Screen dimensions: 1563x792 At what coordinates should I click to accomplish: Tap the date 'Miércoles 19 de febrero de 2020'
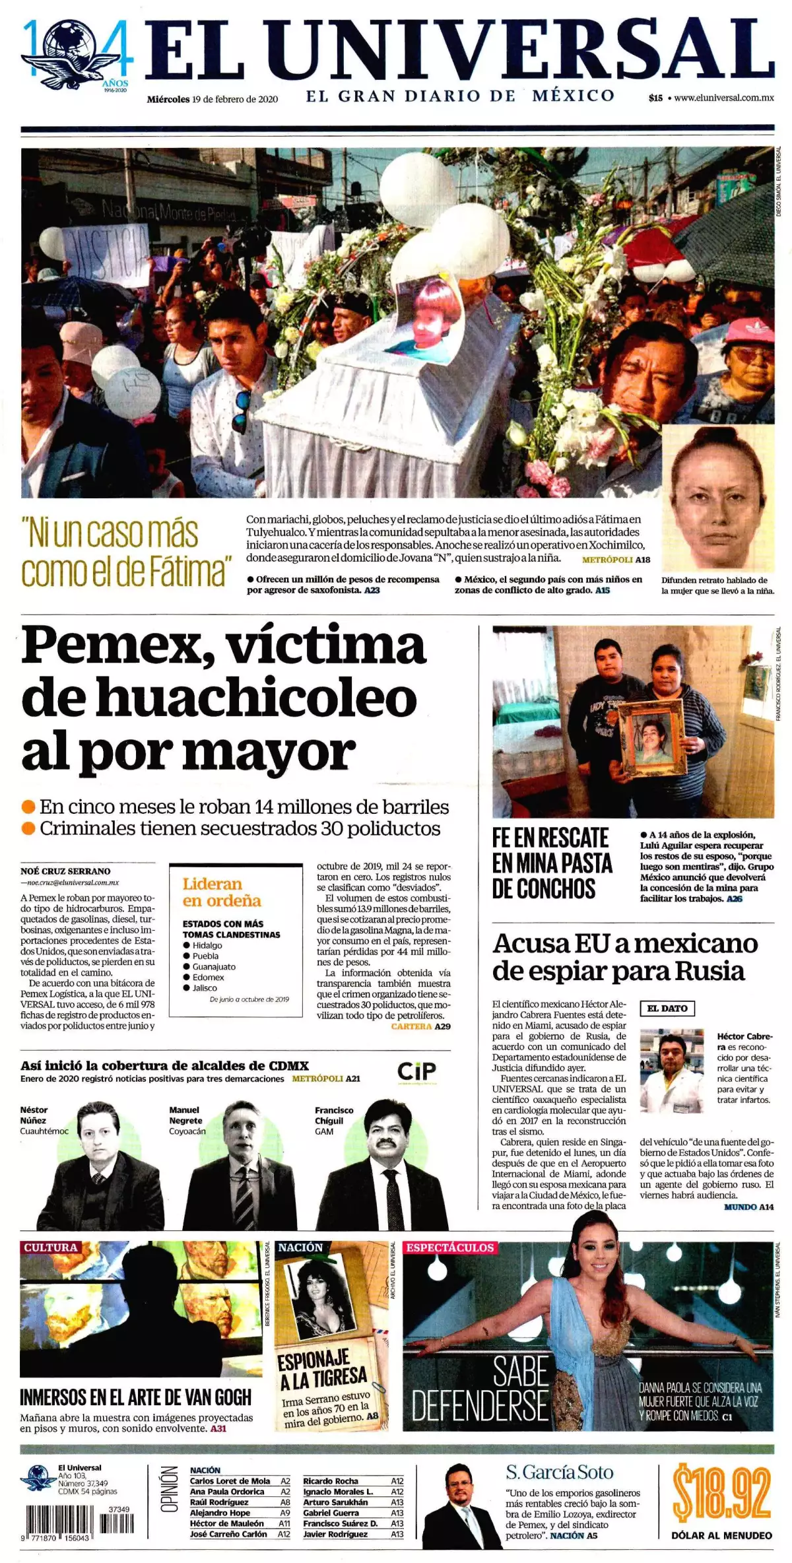pos(212,100)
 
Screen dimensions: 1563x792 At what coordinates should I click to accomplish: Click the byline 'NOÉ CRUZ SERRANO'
pos(65,871)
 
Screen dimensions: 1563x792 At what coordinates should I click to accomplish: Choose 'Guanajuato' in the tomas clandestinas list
pos(214,966)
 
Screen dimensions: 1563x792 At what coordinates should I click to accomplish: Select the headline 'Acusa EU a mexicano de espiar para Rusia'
pos(624,957)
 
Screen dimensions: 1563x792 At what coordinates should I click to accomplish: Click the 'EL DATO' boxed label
pos(667,1008)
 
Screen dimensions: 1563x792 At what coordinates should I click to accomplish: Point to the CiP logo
pos(416,1071)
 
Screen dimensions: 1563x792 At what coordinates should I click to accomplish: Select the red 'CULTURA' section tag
pos(51,1247)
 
